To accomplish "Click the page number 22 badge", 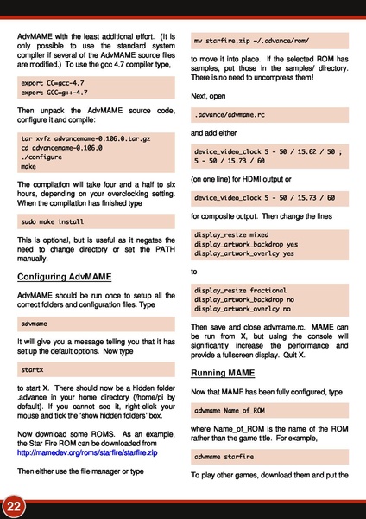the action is click(x=14, y=504).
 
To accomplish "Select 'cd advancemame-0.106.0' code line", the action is click(x=60, y=147).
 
